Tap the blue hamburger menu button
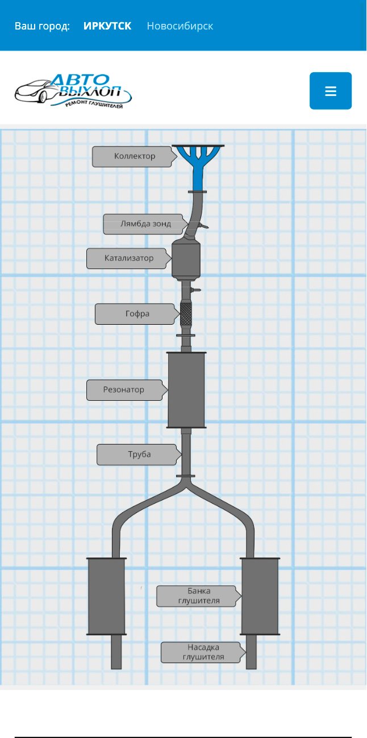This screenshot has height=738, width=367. pyautogui.click(x=331, y=91)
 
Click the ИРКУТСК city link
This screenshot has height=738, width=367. pyautogui.click(x=107, y=26)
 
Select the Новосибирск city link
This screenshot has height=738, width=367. pyautogui.click(x=180, y=26)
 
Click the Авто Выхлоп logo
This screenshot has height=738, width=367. pyautogui.click(x=73, y=91)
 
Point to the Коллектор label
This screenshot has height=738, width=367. pyautogui.click(x=135, y=156)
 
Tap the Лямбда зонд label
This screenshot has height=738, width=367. pyautogui.click(x=145, y=224)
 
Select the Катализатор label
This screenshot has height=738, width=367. pyautogui.click(x=129, y=258)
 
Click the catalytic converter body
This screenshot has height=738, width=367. pyautogui.click(x=186, y=260)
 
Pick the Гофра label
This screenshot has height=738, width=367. pyautogui.click(x=137, y=313)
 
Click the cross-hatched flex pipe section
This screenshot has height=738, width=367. pyautogui.click(x=186, y=313)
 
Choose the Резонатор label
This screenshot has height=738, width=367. pyautogui.click(x=124, y=390)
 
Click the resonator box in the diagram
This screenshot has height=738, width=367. pyautogui.click(x=186, y=390)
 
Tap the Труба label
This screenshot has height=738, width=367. pyautogui.click(x=139, y=454)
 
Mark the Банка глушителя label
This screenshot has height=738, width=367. pyautogui.click(x=199, y=596)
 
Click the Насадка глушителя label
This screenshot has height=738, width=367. pyautogui.click(x=203, y=652)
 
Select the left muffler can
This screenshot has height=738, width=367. pyautogui.click(x=106, y=596)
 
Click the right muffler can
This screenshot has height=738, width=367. pyautogui.click(x=260, y=596)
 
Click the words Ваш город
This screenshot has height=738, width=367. pyautogui.click(x=42, y=26)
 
